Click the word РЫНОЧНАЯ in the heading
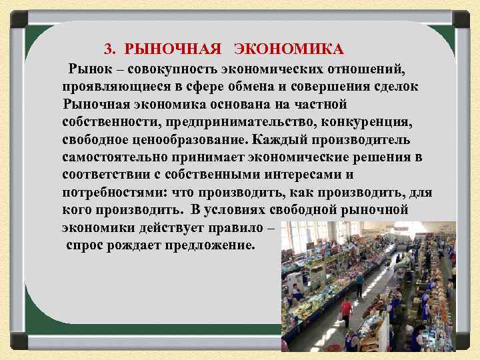pos(172,49)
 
